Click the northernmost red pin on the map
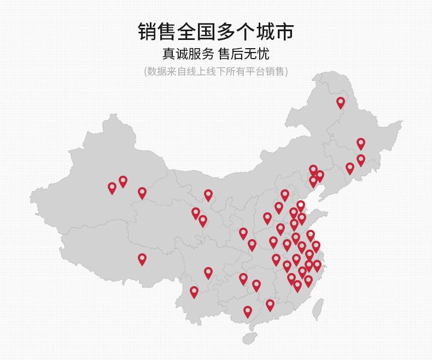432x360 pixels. coord(341,102)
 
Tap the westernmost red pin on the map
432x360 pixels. coord(112,188)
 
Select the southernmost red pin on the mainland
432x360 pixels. coord(248,311)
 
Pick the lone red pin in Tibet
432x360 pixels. coord(142,259)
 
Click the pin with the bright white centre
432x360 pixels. coord(300,206)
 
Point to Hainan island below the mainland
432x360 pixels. coord(249,338)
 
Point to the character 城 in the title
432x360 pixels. coord(265,31)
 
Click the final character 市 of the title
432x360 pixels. coord(284,31)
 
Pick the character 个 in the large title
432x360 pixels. coord(246,31)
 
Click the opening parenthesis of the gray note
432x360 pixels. coord(145,72)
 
